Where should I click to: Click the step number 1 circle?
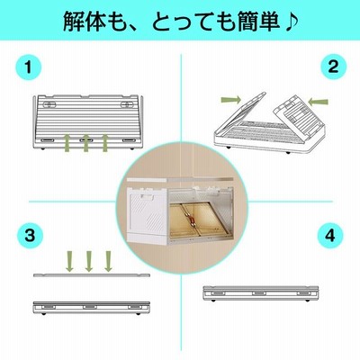click(x=28, y=67)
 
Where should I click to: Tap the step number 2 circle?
click(x=333, y=67)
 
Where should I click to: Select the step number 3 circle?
click(x=30, y=236)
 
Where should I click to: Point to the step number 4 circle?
click(x=330, y=236)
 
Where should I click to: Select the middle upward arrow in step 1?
click(x=86, y=143)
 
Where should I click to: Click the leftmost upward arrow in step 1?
click(x=67, y=143)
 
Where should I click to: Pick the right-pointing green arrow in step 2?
click(x=230, y=100)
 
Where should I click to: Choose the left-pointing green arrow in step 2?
click(x=319, y=102)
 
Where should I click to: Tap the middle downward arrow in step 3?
click(x=88, y=261)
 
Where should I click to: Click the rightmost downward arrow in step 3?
click(x=108, y=261)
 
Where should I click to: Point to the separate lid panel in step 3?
click(x=92, y=274)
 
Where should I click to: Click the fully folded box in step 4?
click(x=260, y=293)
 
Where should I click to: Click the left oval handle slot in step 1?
click(x=49, y=104)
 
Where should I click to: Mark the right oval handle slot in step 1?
click(x=128, y=104)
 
